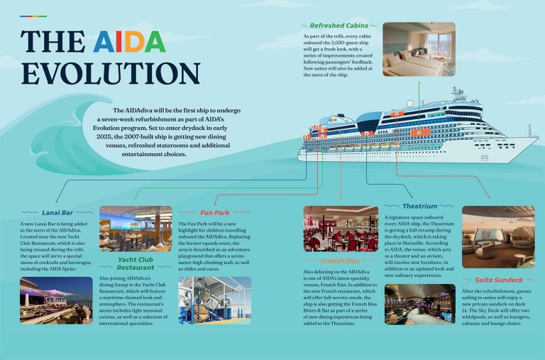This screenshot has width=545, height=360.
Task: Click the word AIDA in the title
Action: point(129,41)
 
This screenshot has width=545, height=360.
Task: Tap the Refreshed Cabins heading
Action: point(338,26)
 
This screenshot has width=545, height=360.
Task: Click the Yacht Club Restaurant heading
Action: point(136,263)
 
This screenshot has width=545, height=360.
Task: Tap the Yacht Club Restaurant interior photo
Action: point(135,229)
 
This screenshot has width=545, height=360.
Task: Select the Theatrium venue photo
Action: point(419,303)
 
